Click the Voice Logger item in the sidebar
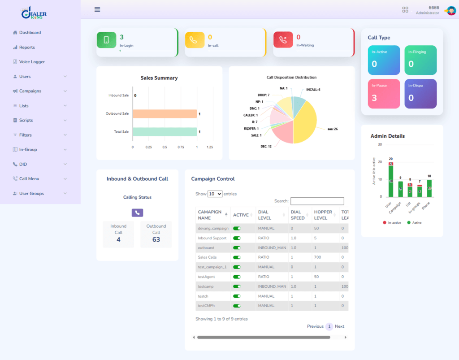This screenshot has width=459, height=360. click(31, 62)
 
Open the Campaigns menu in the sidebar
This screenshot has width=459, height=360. click(30, 91)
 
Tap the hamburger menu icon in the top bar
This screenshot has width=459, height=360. click(97, 9)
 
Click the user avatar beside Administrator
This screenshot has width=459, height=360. click(450, 10)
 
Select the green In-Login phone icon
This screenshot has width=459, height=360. click(106, 40)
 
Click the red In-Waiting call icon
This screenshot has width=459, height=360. click(283, 40)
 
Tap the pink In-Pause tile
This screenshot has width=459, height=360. click(384, 94)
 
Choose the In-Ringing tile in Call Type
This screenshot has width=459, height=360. click(420, 60)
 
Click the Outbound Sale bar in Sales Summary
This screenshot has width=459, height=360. click(165, 114)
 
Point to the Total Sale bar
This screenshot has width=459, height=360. click(165, 132)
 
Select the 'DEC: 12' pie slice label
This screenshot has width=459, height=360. click(266, 146)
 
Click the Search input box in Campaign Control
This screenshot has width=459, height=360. click(317, 201)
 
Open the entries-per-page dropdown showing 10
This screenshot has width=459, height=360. click(215, 194)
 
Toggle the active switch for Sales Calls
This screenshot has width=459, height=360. click(237, 257)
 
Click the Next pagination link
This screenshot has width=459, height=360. click(339, 326)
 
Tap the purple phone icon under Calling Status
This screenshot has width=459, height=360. click(137, 213)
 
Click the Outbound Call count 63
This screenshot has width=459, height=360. click(156, 239)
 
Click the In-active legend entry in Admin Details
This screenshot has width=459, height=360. click(392, 223)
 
